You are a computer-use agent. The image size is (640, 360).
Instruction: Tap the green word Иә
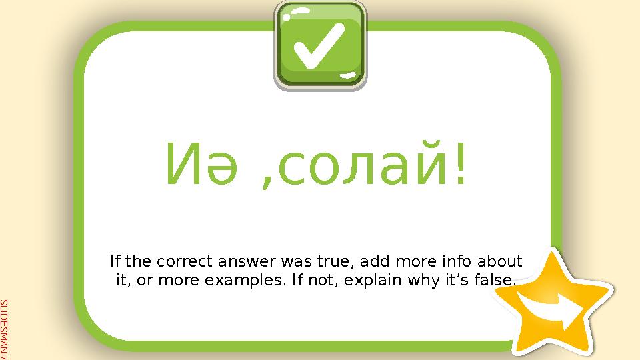click(194, 166)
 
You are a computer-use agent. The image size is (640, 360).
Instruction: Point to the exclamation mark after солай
click(460, 163)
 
